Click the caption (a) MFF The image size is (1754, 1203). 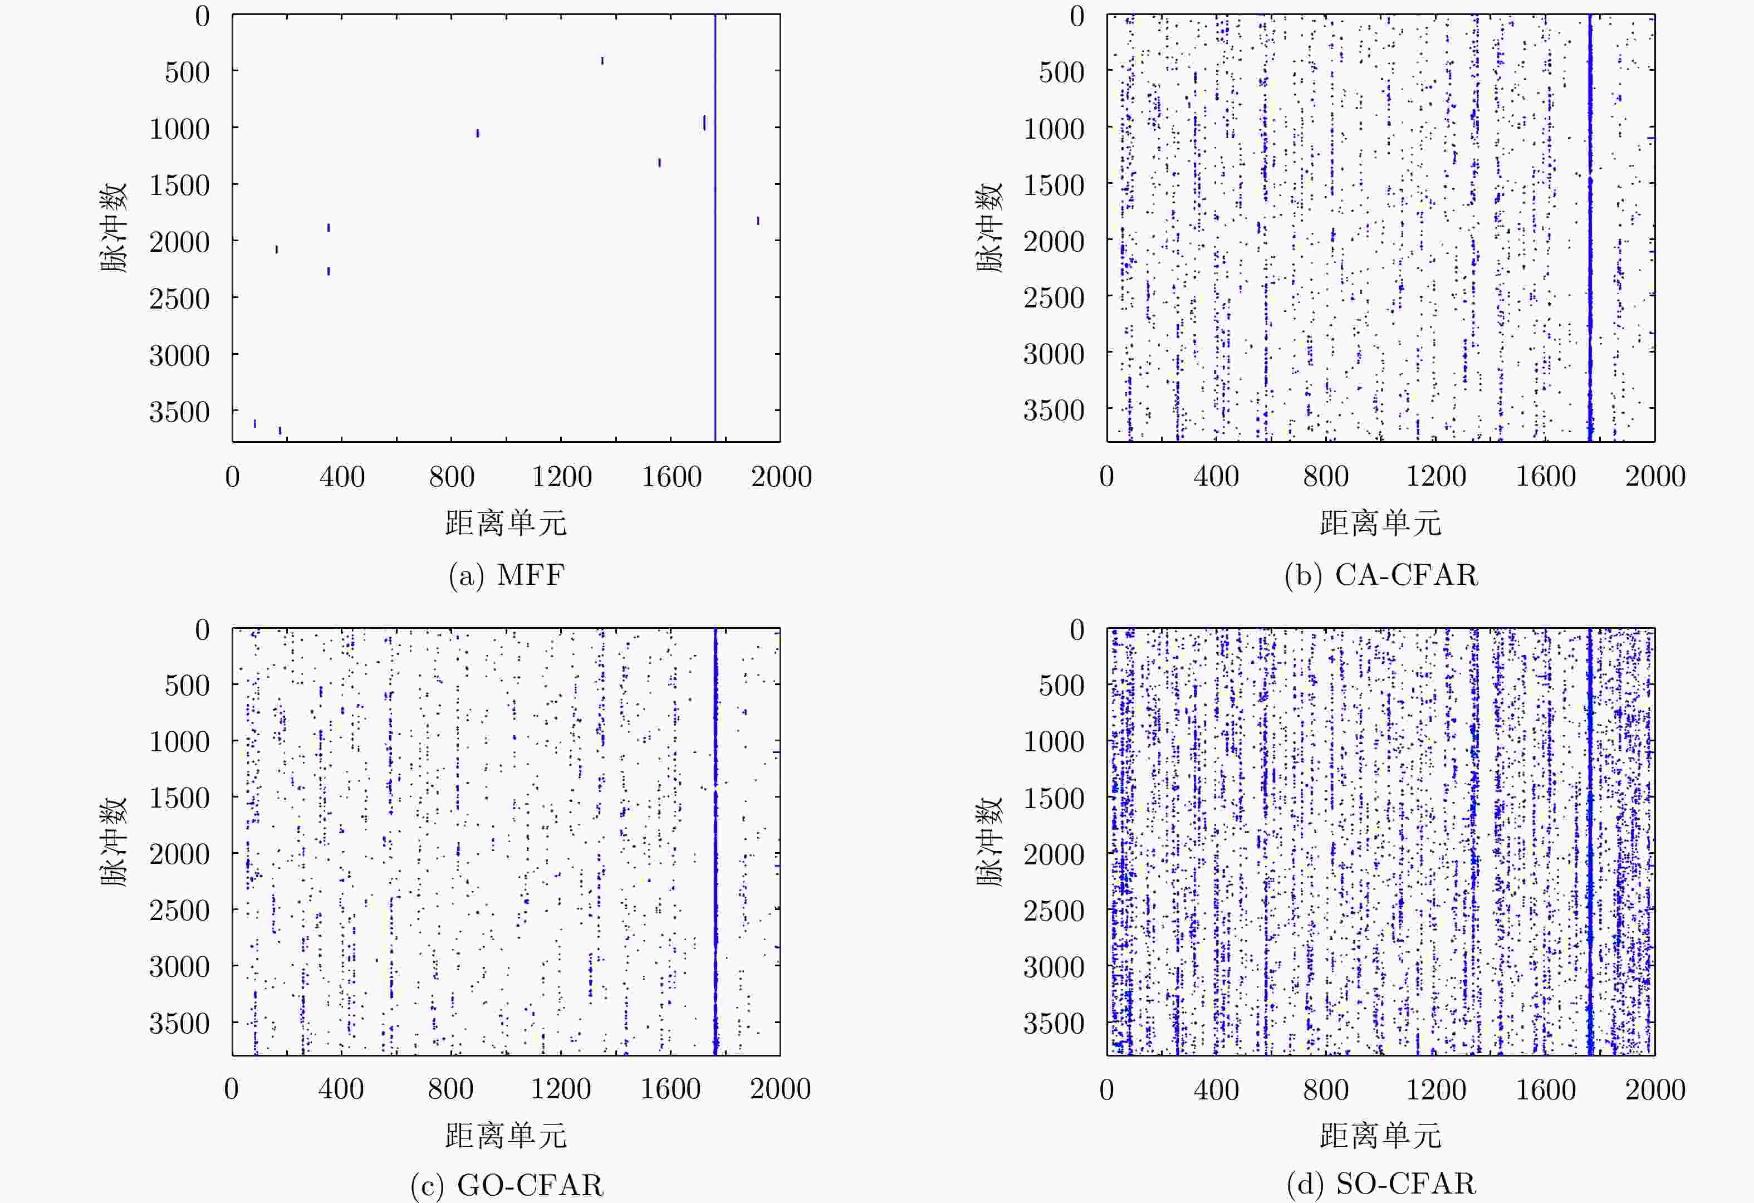506,575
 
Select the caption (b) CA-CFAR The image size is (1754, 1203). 1380,575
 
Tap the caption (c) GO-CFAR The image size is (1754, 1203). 506,1185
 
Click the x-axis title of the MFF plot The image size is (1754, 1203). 506,523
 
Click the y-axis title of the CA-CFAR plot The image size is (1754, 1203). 989,227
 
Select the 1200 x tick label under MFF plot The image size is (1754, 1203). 561,477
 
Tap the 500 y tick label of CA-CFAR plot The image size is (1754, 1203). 1061,72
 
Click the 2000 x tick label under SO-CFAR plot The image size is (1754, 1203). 1655,1090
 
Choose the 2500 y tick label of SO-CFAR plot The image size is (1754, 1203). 1054,911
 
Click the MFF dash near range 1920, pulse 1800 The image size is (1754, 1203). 758,221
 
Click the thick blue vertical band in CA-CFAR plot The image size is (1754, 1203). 1590,227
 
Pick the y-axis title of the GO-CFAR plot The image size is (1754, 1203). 114,842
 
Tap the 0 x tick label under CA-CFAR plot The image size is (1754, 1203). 1106,477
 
